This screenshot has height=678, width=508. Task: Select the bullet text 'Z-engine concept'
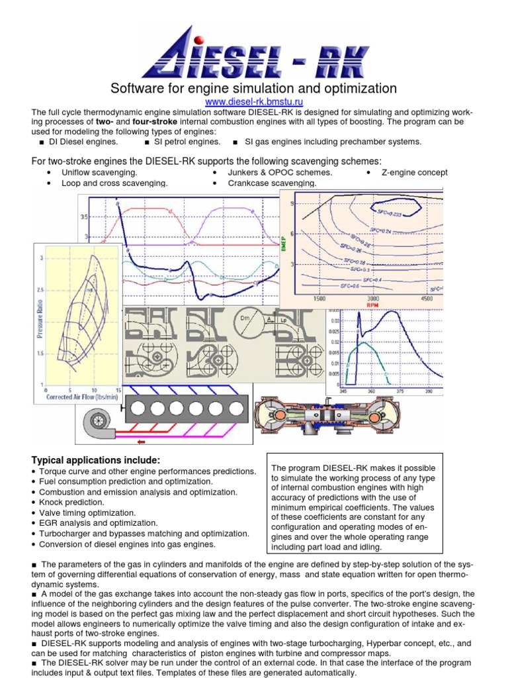pos(415,172)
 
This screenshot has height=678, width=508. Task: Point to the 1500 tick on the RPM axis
pos(319,299)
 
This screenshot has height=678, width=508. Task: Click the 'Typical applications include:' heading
pos(96,460)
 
